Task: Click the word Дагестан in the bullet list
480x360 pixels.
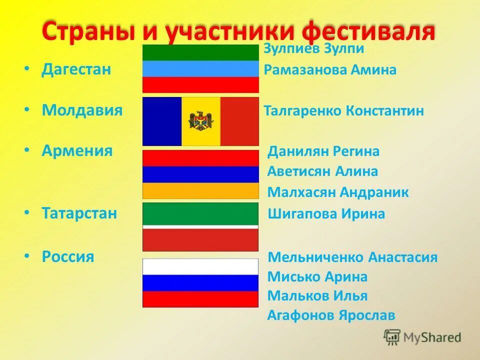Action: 76,69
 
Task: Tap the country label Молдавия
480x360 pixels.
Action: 82,110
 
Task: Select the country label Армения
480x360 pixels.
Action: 77,150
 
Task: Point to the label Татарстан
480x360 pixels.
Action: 79,213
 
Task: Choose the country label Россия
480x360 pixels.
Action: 68,257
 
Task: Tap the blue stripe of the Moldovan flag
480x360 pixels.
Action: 162,121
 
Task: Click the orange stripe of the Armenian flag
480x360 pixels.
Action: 200,190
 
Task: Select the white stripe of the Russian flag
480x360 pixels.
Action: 200,266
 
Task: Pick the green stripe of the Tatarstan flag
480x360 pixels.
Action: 200,213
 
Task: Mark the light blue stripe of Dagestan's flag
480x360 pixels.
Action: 200,69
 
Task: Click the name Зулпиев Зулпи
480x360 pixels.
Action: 313,48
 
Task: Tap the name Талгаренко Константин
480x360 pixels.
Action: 343,111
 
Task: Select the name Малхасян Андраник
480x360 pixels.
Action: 338,192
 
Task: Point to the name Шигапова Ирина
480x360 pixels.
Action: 326,214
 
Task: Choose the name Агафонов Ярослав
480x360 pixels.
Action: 331,315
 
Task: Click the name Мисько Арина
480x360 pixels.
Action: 317,277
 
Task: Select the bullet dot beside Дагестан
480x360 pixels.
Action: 26,69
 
